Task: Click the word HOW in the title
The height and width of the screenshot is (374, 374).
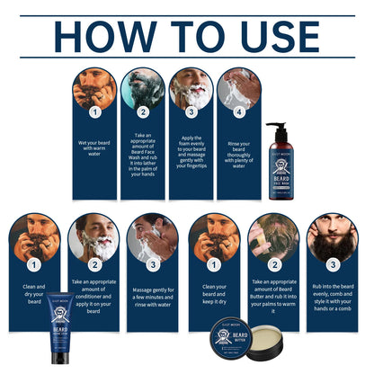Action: [101, 37]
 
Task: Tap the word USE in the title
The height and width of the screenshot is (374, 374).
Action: [273, 37]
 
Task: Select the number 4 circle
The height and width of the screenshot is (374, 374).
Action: [239, 112]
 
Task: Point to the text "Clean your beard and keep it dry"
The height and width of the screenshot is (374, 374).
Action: [212, 293]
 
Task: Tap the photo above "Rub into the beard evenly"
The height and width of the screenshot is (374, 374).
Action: [332, 236]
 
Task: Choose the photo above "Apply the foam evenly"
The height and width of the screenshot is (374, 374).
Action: [191, 88]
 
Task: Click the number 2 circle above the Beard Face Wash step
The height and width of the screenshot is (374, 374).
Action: [142, 112]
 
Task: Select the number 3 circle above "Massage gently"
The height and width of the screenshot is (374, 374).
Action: [151, 265]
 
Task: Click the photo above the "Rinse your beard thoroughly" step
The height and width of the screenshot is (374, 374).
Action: [239, 88]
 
